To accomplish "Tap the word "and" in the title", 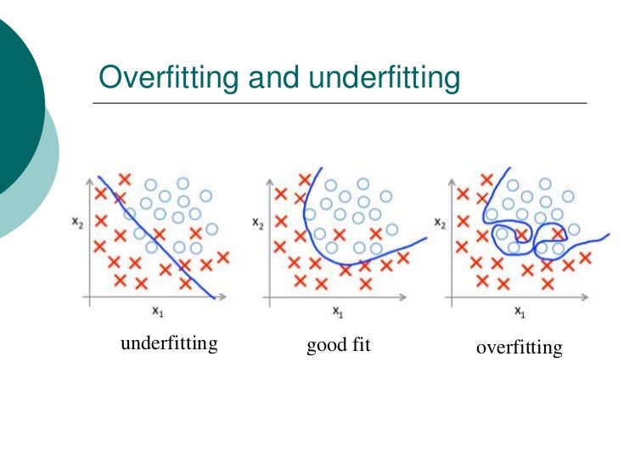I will point(272,78).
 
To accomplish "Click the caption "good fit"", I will point(339,346).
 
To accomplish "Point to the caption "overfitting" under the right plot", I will point(519,347).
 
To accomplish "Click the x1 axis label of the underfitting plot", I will point(158,312).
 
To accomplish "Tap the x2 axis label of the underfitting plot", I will point(77,223).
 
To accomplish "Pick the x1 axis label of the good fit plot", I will point(338,313).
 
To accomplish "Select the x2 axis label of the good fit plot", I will point(256,223).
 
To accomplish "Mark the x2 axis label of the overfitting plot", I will point(439,223).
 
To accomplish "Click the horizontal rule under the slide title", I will point(340,103).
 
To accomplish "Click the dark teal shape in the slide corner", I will point(17,93).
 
